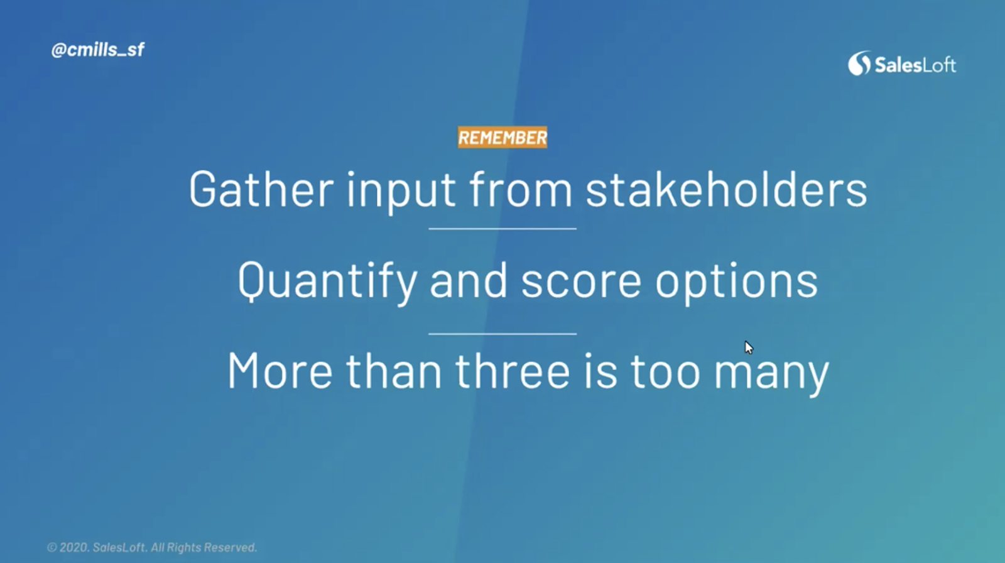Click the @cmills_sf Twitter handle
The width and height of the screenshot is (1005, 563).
tap(98, 50)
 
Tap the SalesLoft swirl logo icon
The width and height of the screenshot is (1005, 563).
tap(859, 63)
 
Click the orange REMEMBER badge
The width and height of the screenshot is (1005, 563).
tap(503, 138)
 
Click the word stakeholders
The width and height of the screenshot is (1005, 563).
tap(726, 189)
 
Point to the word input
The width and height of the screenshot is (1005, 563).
tap(401, 192)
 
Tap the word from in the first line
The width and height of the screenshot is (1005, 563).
tap(521, 189)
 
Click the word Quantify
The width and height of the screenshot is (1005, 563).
tap(327, 283)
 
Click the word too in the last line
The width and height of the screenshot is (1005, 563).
tap(665, 372)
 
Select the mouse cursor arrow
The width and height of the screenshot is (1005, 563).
tap(749, 347)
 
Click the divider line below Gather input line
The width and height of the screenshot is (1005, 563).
tap(503, 229)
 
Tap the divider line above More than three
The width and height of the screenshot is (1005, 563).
tap(503, 334)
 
